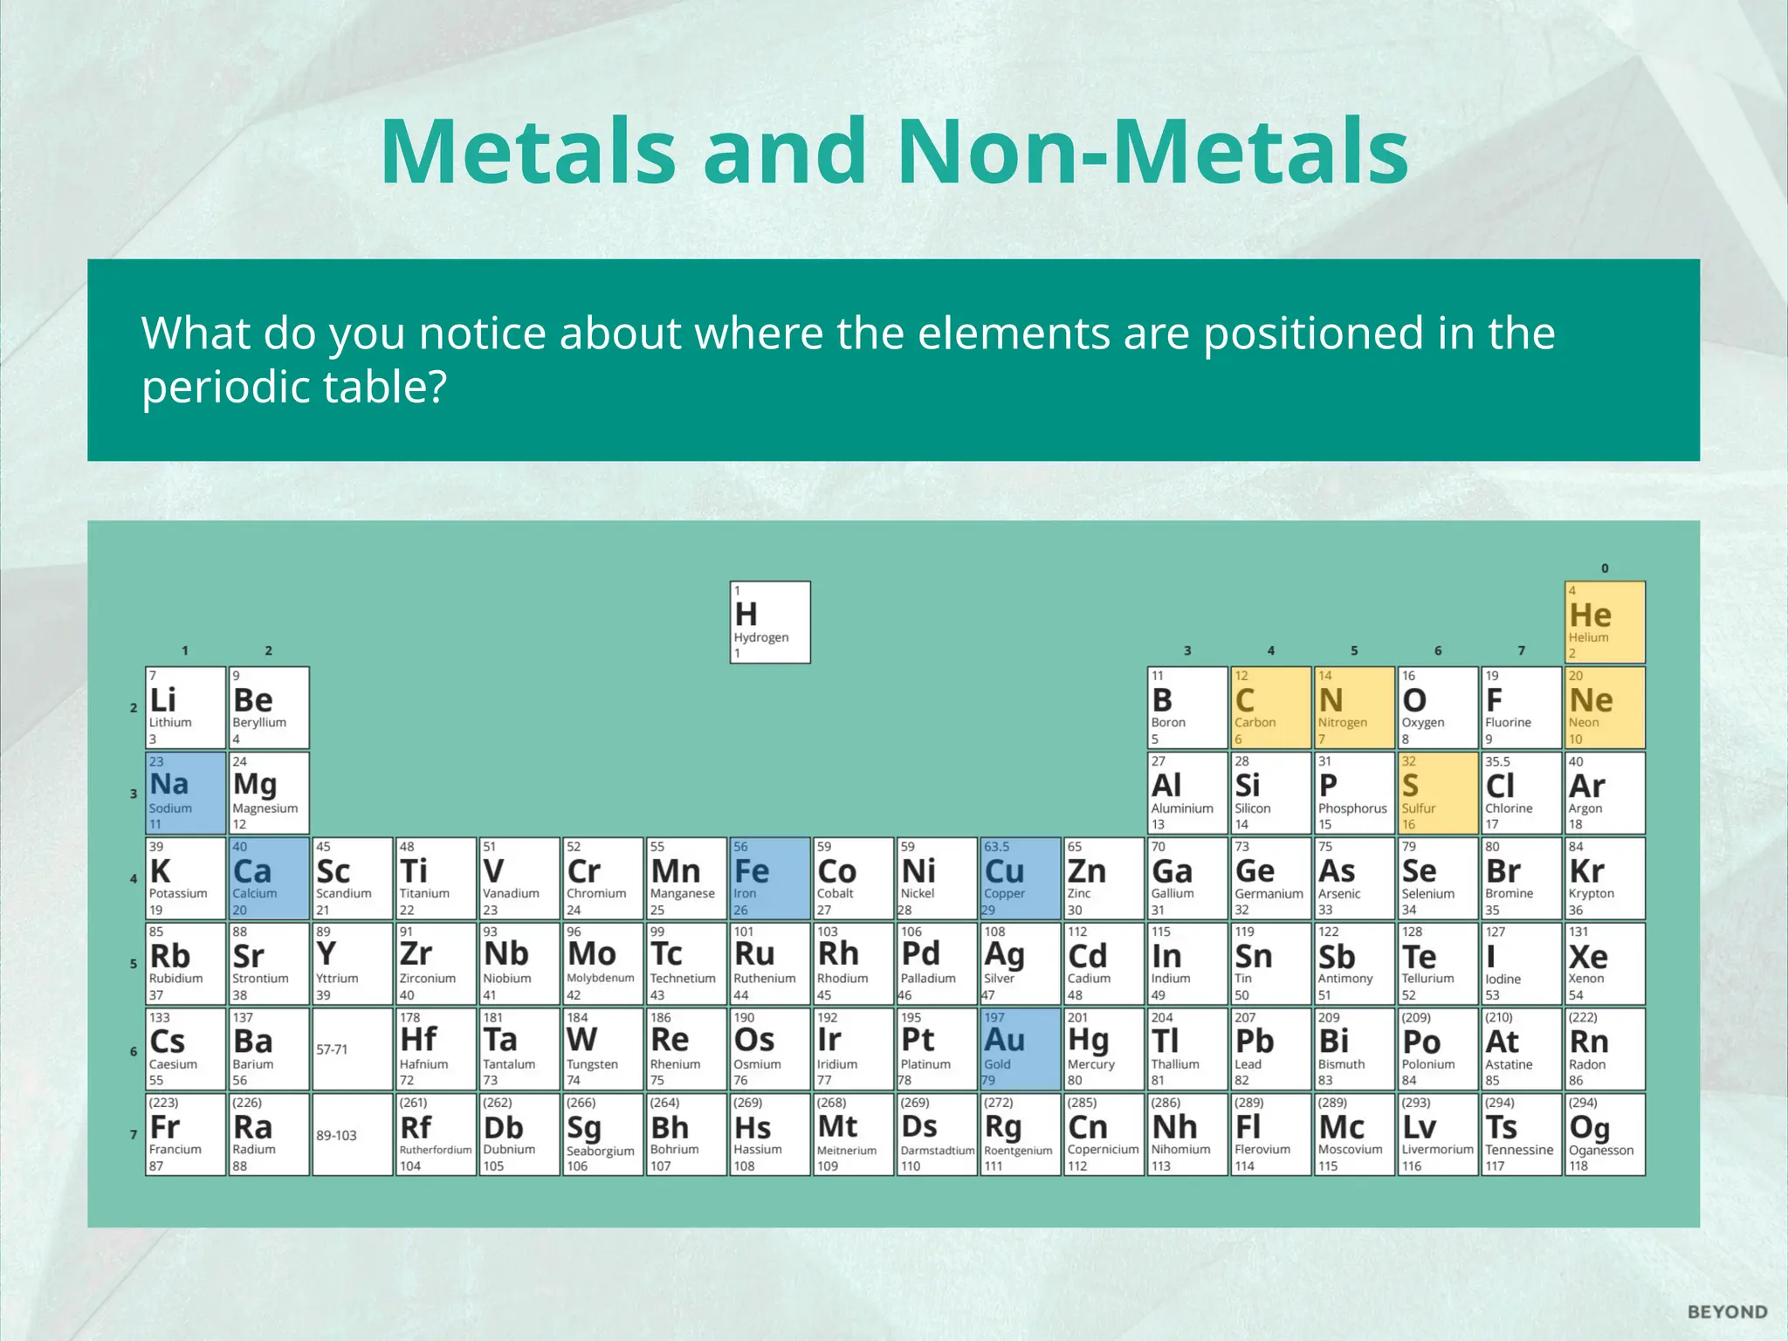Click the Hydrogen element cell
pos(770,622)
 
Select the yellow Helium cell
pos(1605,622)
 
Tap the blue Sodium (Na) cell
pos(185,793)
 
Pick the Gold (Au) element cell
pos(1021,1049)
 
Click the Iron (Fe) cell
pos(770,878)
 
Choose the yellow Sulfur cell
pos(1437,793)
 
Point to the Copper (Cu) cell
pos(1021,878)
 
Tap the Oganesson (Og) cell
pos(1605,1134)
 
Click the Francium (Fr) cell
pos(185,1134)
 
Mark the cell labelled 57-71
pos(352,1049)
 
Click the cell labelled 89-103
pos(352,1134)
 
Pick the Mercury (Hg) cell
pos(1104,1049)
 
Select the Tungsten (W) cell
pos(602,1049)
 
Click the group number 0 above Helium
pos(1605,568)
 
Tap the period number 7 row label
pos(134,1134)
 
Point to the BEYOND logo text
pos(1727,1312)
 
